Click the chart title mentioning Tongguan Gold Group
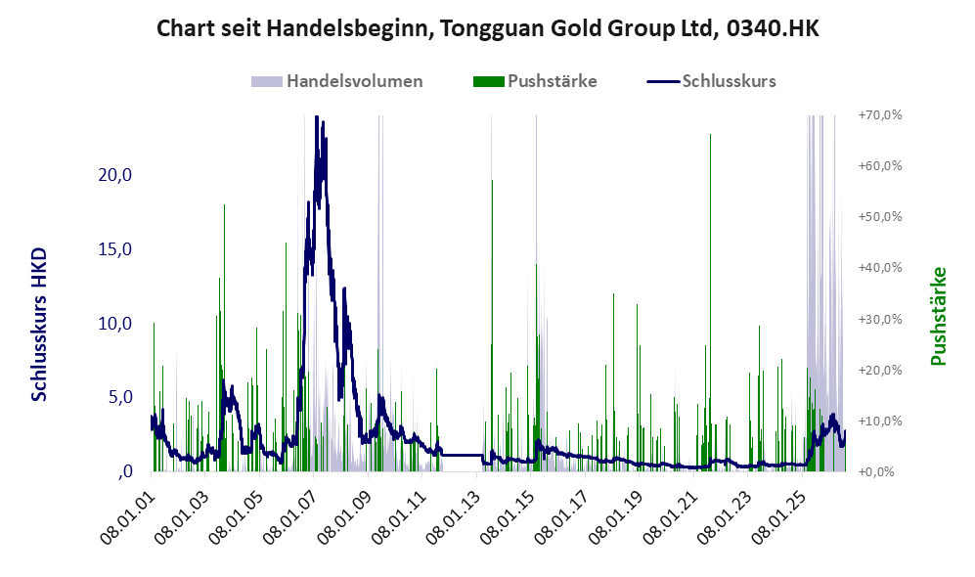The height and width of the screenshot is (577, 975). click(487, 28)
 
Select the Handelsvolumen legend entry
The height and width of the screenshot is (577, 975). click(337, 81)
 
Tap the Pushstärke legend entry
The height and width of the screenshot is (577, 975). click(535, 81)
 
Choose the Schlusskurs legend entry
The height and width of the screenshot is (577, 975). click(711, 81)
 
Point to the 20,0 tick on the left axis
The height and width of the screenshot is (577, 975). click(115, 175)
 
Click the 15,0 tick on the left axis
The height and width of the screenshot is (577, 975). click(115, 249)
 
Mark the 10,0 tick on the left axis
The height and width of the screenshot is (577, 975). click(115, 324)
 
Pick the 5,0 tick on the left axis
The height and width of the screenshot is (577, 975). click(120, 397)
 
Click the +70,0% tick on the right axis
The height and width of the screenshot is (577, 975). click(880, 115)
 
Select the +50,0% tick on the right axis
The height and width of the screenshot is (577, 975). click(880, 217)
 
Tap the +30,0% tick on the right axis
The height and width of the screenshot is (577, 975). click(880, 319)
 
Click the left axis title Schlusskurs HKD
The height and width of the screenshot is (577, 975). click(39, 325)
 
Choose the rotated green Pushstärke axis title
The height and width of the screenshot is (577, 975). click(938, 316)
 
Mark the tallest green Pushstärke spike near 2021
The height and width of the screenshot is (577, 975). click(710, 302)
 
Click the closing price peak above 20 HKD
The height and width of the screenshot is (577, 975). click(317, 117)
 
